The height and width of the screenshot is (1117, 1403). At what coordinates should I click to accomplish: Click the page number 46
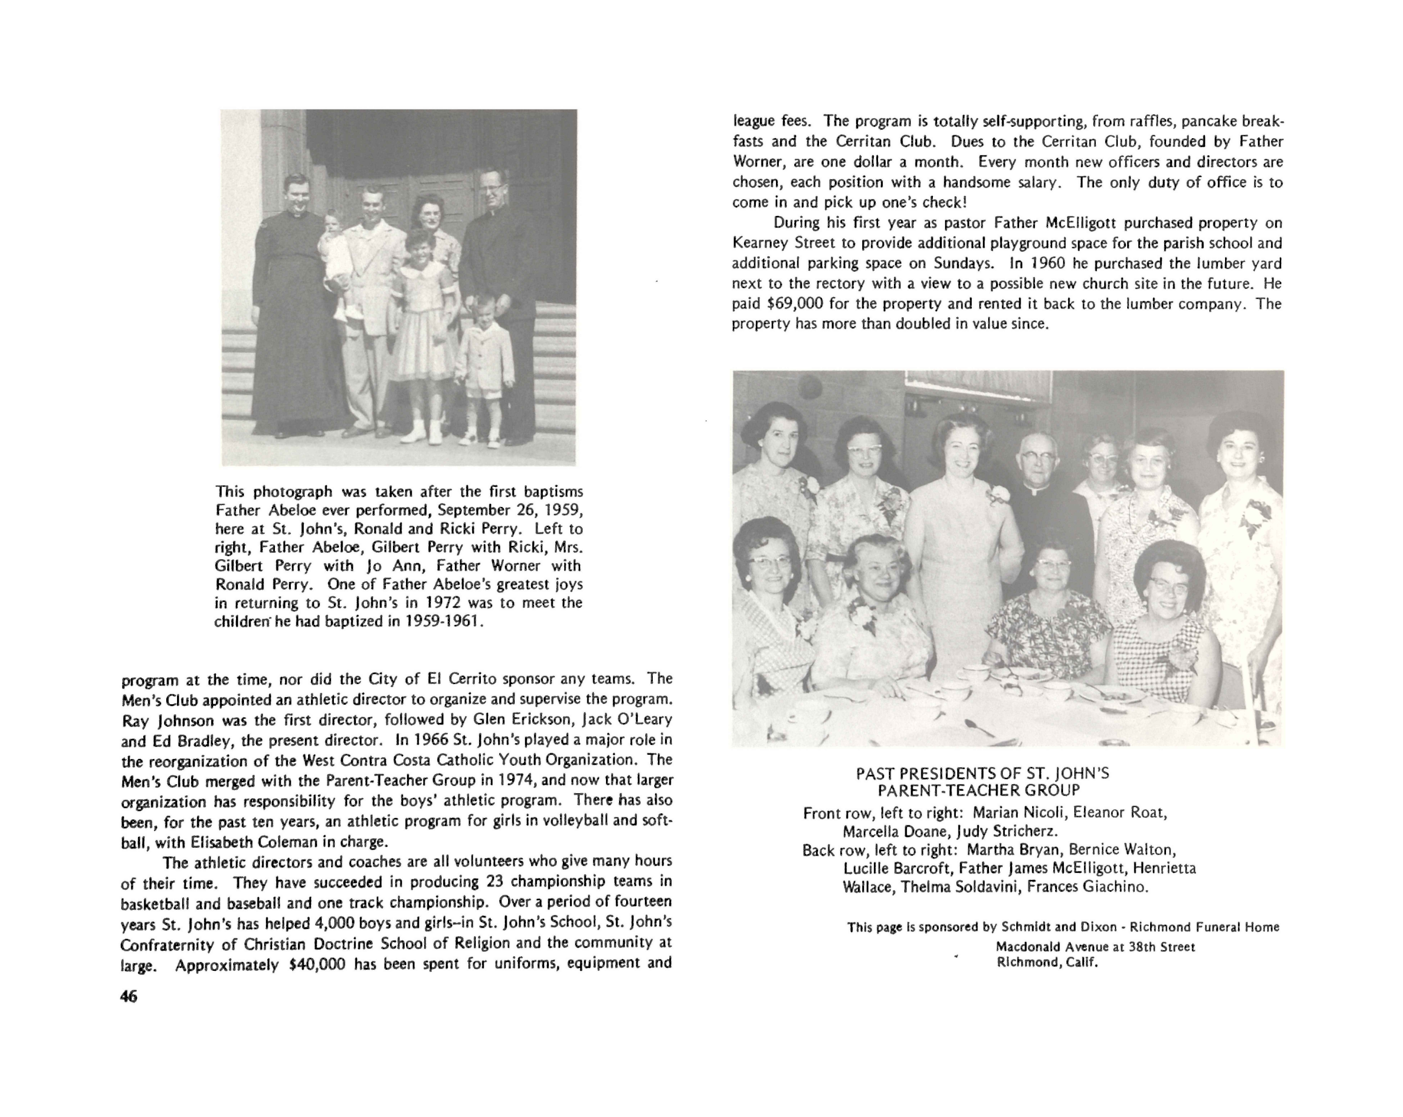pyautogui.click(x=129, y=997)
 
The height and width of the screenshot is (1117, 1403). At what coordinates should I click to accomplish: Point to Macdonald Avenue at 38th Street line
pyautogui.click(x=1095, y=946)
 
